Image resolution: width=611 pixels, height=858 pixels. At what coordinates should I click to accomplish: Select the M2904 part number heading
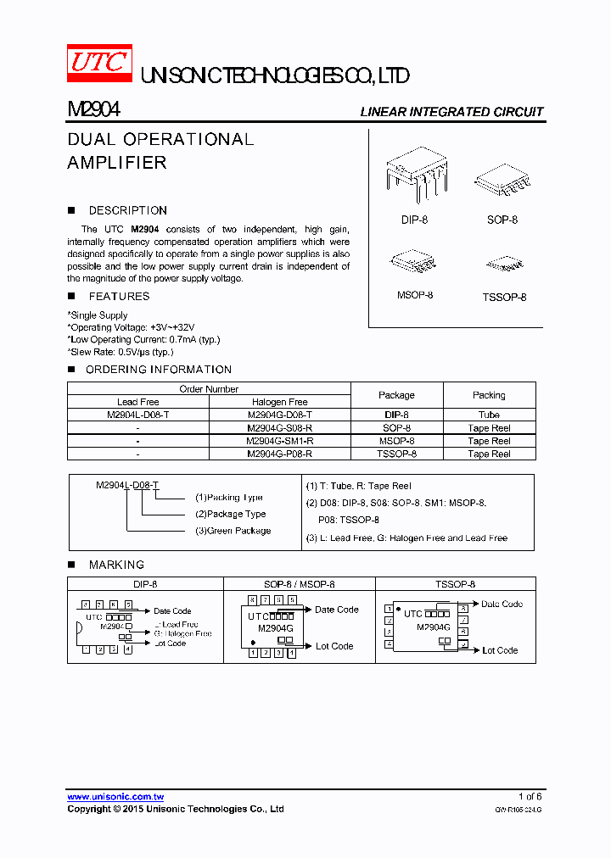(x=93, y=110)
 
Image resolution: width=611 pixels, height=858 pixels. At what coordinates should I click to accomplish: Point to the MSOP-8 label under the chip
(x=415, y=295)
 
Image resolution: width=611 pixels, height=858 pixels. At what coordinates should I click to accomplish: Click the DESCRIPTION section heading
(x=127, y=210)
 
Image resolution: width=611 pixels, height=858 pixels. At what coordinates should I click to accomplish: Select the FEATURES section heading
(x=119, y=296)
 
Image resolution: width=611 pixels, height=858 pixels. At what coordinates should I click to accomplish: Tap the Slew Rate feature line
(x=121, y=352)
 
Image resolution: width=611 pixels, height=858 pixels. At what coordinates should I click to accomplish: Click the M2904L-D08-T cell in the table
(x=138, y=415)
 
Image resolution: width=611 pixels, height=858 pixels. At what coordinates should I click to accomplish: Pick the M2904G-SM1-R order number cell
(x=280, y=441)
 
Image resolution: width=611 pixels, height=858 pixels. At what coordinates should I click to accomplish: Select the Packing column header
(x=489, y=395)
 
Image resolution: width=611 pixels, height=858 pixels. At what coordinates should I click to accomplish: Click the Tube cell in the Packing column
(x=489, y=415)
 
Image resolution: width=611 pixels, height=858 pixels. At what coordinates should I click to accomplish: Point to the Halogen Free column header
(x=280, y=402)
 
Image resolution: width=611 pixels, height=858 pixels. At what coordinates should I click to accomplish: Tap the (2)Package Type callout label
(x=231, y=514)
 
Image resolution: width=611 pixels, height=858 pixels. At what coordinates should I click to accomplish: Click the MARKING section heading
(x=116, y=565)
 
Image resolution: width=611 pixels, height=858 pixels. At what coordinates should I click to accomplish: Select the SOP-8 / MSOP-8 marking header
(x=300, y=584)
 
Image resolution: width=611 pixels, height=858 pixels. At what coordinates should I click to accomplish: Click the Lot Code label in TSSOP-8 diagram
(x=500, y=650)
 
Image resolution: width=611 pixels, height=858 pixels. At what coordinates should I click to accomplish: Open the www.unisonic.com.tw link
(x=115, y=797)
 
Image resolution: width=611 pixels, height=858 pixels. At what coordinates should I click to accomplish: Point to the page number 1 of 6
(x=530, y=797)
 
